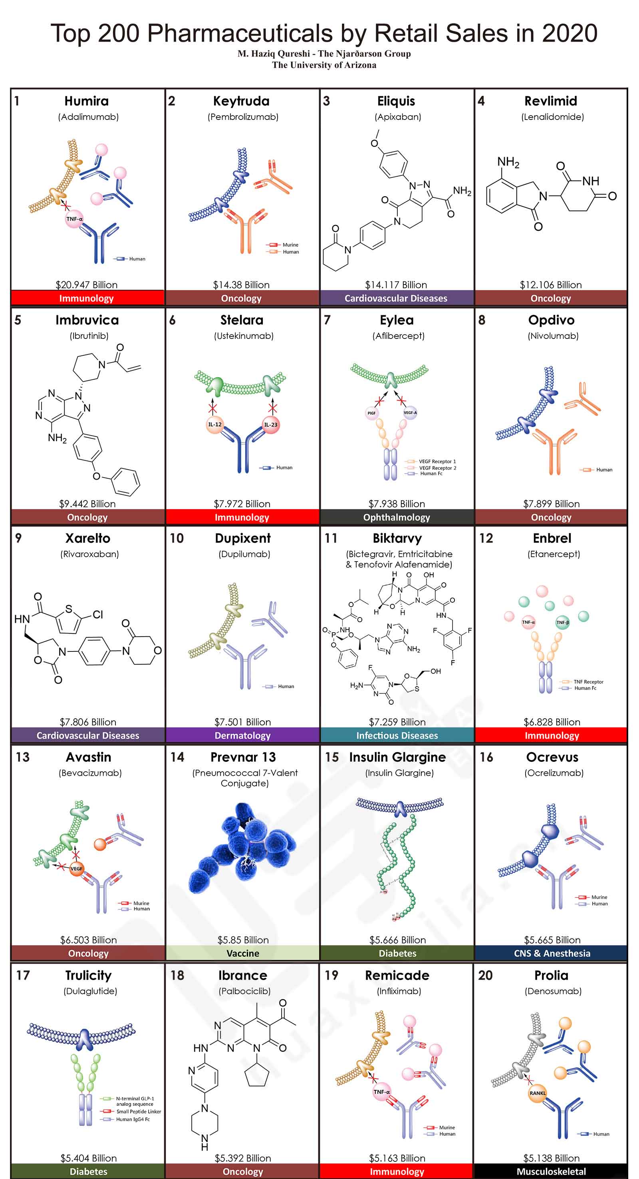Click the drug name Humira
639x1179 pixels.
86,101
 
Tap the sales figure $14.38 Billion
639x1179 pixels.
241,285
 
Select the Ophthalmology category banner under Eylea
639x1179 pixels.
397,517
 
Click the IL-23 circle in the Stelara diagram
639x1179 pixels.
270,425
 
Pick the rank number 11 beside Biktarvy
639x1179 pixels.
331,538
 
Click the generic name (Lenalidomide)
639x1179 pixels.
553,117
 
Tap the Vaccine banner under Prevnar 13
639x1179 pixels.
242,953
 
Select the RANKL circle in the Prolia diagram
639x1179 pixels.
538,1093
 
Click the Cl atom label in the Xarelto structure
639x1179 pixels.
97,615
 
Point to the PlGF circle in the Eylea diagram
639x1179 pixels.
371,413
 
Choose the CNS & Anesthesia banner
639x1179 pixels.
552,953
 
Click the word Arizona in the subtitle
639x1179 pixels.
359,65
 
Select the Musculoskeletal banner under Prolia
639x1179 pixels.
551,1172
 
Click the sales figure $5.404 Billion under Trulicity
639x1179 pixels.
88,1158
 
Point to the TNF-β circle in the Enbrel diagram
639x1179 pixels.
562,622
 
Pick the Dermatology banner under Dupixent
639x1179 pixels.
242,735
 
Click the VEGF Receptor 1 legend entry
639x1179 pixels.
437,461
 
